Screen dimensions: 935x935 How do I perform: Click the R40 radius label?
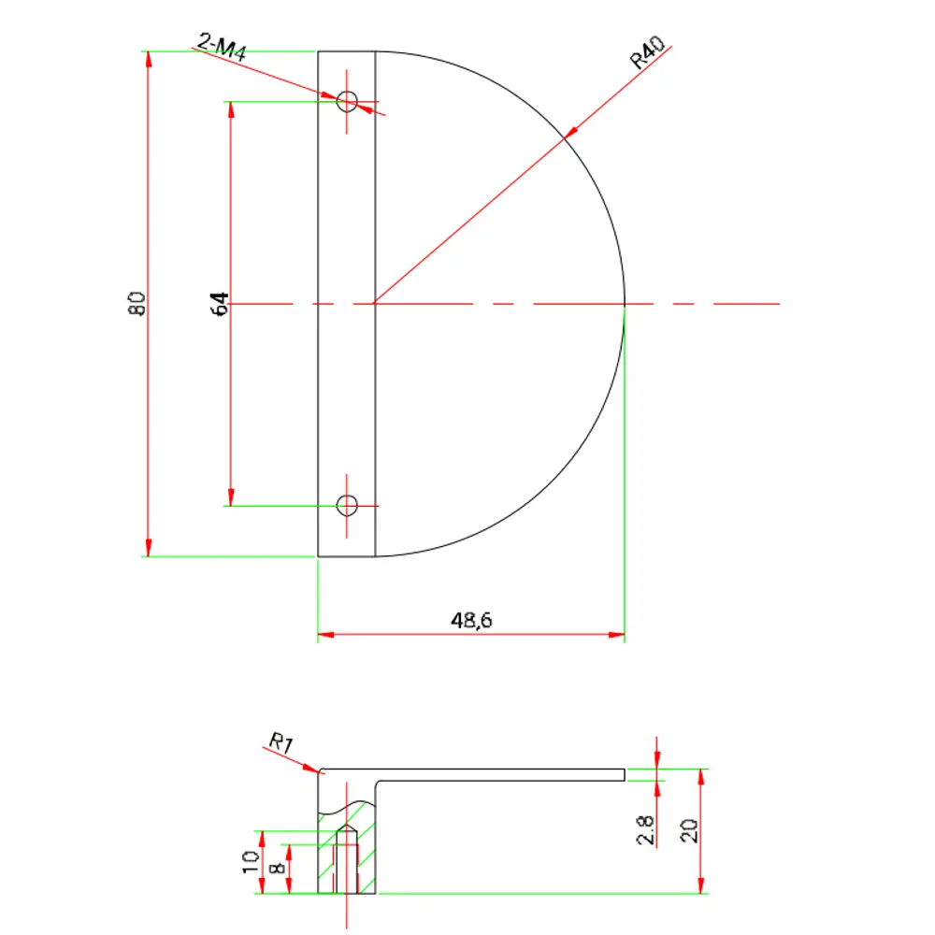coord(647,55)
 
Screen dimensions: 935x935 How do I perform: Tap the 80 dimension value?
coord(137,304)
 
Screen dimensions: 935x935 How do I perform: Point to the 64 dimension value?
coord(221,304)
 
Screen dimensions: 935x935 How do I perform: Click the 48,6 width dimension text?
coord(471,621)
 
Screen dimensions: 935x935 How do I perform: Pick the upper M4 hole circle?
coord(347,101)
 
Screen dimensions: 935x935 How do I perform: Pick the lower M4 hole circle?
coord(347,506)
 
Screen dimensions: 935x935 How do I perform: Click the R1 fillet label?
coord(281,744)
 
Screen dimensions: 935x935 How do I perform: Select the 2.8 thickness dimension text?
coord(645,829)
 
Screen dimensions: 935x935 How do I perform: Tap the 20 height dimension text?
coord(690,830)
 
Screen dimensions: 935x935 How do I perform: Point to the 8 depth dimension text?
coord(276,870)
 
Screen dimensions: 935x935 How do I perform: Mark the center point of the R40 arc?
coord(375,304)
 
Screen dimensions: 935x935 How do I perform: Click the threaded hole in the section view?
coord(347,865)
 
